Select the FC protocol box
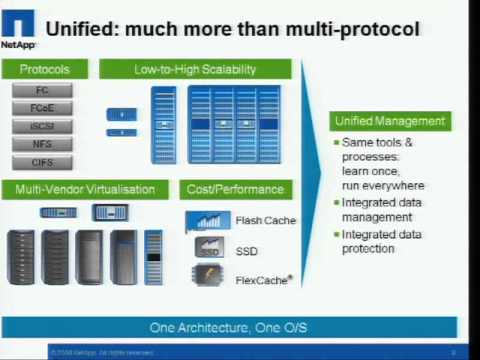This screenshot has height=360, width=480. click(42, 91)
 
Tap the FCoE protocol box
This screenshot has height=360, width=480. click(42, 109)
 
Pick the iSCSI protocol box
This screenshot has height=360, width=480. click(42, 127)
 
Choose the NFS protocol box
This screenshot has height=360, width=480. click(42, 145)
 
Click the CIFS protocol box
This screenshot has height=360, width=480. click(42, 163)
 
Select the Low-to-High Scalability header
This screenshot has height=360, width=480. click(195, 69)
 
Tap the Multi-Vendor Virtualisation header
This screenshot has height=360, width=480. click(85, 189)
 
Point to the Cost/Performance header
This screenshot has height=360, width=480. click(235, 189)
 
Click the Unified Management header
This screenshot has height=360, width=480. click(389, 121)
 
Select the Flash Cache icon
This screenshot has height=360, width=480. click(208, 220)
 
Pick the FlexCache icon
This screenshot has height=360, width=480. click(208, 278)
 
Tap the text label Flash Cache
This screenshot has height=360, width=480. click(265, 220)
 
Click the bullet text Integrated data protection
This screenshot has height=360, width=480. click(384, 241)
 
